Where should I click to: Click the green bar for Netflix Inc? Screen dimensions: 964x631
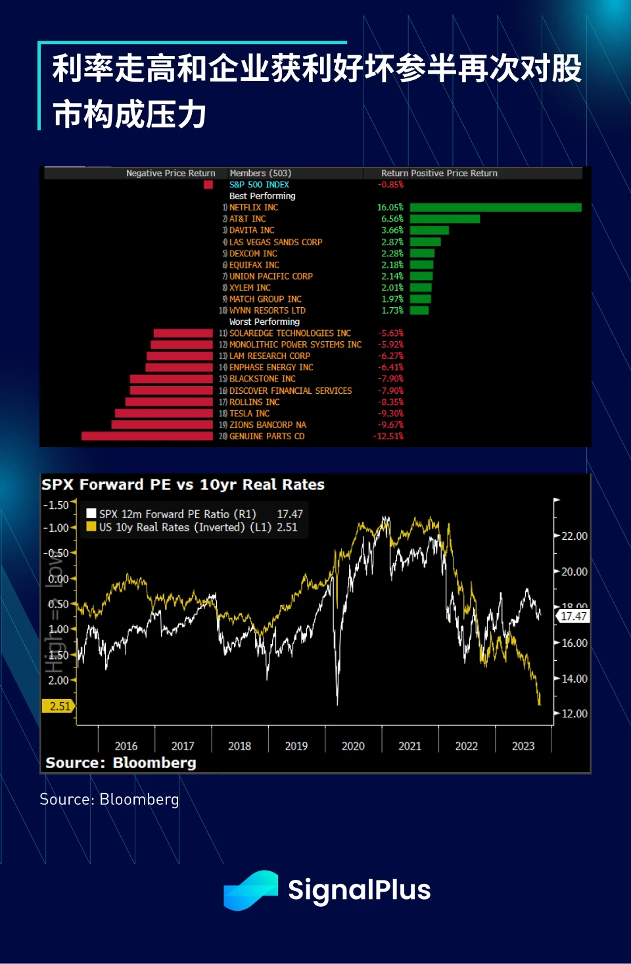pyautogui.click(x=495, y=208)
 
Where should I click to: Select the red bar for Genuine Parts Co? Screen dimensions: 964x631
pyautogui.click(x=147, y=437)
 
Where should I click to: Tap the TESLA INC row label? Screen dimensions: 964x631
pyautogui.click(x=249, y=414)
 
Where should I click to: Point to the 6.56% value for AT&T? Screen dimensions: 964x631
pyautogui.click(x=392, y=219)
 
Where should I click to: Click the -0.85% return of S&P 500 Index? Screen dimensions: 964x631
pyautogui.click(x=390, y=185)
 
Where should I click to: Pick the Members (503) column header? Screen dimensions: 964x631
pyautogui.click(x=260, y=174)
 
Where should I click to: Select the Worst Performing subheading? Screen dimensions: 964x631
pyautogui.click(x=264, y=322)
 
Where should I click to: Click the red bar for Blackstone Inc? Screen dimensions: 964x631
pyautogui.click(x=172, y=379)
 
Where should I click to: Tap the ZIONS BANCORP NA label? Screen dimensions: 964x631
pyautogui.click(x=268, y=425)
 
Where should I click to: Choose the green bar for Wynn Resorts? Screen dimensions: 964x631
pyautogui.click(x=419, y=310)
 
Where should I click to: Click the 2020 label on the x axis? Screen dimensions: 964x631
pyautogui.click(x=353, y=746)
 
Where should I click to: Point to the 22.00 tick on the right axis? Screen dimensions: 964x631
pyautogui.click(x=574, y=537)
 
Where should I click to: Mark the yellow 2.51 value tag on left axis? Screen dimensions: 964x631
pyautogui.click(x=59, y=706)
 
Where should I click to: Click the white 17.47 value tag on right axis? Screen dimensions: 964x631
pyautogui.click(x=573, y=616)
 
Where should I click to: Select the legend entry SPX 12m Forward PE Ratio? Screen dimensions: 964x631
pyautogui.click(x=177, y=514)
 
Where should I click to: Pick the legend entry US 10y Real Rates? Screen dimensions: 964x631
pyautogui.click(x=184, y=527)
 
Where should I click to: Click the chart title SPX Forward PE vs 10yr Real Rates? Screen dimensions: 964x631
pyautogui.click(x=183, y=485)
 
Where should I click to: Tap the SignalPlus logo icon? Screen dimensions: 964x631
pyautogui.click(x=251, y=890)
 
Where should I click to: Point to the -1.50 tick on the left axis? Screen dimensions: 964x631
pyautogui.click(x=56, y=505)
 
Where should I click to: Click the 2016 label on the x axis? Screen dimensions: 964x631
pyautogui.click(x=126, y=746)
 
